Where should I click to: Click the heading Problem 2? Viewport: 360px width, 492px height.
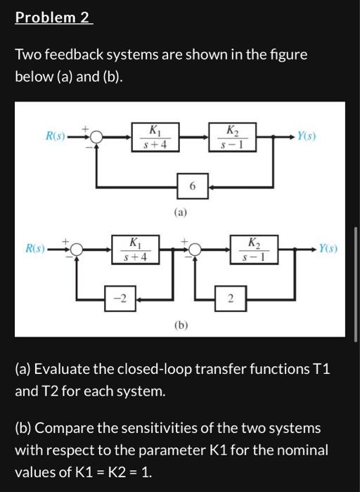pyautogui.click(x=53, y=18)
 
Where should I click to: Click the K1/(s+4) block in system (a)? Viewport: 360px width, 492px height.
pyautogui.click(x=154, y=136)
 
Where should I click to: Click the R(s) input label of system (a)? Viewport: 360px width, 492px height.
pyautogui.click(x=55, y=136)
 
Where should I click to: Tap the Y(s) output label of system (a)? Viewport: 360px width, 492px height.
pyautogui.click(x=307, y=136)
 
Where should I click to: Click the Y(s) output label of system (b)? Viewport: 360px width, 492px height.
pyautogui.click(x=328, y=248)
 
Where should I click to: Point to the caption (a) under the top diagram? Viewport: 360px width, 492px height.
pyautogui.click(x=181, y=212)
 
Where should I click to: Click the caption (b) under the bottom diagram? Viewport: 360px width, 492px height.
pyautogui.click(x=181, y=325)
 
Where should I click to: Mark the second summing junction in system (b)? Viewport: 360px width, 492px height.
pyautogui.click(x=195, y=250)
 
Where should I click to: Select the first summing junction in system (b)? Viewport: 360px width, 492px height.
pyautogui.click(x=76, y=250)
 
